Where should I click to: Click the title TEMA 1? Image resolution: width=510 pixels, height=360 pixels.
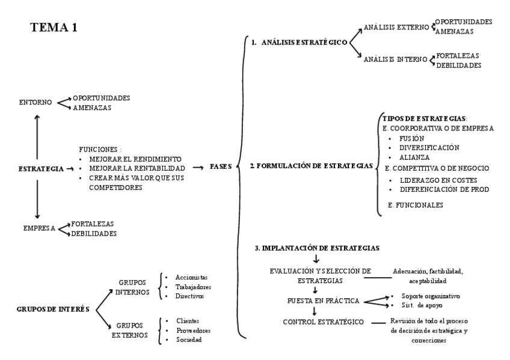coord(54,28)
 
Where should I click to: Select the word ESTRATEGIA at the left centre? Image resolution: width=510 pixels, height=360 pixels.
coord(40,169)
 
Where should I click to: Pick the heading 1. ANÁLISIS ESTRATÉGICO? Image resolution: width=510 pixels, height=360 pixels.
coord(299,43)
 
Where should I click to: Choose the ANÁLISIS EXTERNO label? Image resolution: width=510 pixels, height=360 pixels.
coord(396,27)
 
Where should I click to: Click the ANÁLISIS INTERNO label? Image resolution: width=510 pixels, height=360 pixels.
coord(395,59)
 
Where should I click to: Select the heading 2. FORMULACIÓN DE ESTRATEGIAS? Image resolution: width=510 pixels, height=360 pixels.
coord(310,165)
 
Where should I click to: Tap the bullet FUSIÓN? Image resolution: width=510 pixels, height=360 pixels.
coord(412,138)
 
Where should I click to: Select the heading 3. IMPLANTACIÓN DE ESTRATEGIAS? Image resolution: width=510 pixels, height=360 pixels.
coord(317,248)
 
